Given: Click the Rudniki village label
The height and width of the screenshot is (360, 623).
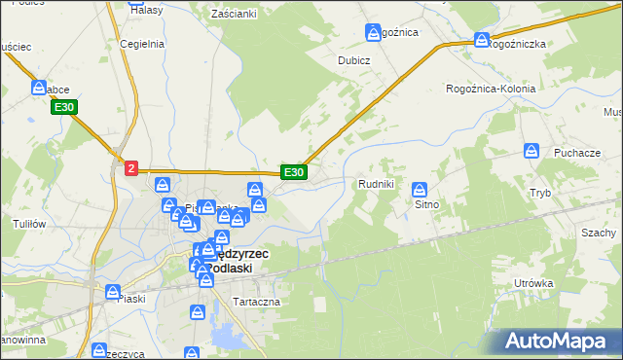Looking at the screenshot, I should [x=376, y=183].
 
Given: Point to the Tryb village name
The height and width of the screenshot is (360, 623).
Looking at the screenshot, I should [x=540, y=193].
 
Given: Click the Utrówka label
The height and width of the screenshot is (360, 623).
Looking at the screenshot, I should [x=533, y=283].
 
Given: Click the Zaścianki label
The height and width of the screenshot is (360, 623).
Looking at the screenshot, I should [x=234, y=14].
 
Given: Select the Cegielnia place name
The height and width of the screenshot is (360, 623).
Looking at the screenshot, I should [x=140, y=44].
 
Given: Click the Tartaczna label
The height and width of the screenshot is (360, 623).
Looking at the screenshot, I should [x=256, y=302].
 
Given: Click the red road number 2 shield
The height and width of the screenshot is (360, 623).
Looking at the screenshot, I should [x=131, y=168].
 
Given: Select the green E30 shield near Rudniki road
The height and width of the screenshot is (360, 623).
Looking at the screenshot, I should [x=294, y=172].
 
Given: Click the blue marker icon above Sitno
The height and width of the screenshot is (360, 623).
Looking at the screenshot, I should [x=420, y=189].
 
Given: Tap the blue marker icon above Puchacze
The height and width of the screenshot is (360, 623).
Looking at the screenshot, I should [x=531, y=151].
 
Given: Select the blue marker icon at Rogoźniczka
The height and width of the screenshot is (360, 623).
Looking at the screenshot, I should [x=482, y=40].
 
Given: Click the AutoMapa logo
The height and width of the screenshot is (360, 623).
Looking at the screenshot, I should [x=558, y=341].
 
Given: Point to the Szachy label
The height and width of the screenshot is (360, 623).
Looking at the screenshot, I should [x=599, y=233].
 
